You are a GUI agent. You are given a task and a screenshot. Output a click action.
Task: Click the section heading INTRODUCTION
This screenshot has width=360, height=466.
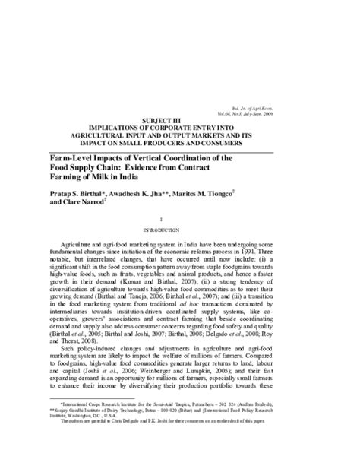pyautogui.click(x=179, y=229)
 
